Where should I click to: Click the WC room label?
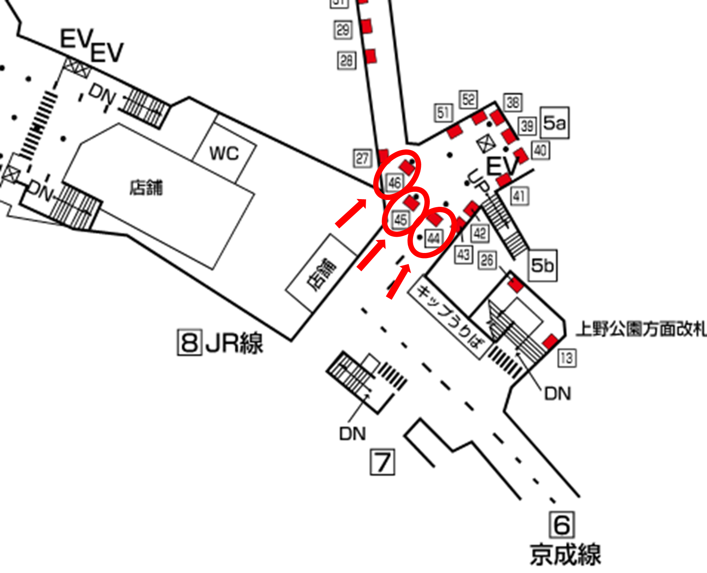click(x=224, y=153)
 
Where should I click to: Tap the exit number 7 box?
click(x=382, y=462)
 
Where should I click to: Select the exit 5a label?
click(x=554, y=123)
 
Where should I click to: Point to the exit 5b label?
click(x=542, y=265)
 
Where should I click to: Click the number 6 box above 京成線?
click(x=562, y=525)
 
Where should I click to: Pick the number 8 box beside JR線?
click(x=189, y=342)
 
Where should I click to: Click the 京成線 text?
click(x=565, y=554)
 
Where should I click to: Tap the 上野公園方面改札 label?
click(x=641, y=329)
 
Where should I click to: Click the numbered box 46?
click(x=394, y=183)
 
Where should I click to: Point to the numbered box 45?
click(x=400, y=220)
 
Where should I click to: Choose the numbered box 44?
click(x=433, y=238)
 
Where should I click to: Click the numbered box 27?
click(x=362, y=159)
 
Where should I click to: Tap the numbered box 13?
click(x=567, y=358)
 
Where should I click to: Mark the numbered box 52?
click(x=468, y=100)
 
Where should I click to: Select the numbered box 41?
click(x=519, y=196)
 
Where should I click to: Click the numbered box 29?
click(x=343, y=30)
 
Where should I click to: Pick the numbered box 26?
click(x=487, y=260)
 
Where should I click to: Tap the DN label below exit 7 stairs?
click(x=352, y=434)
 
